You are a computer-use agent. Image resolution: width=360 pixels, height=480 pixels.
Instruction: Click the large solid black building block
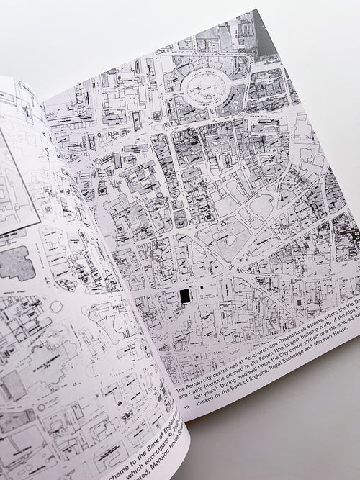click(x=185, y=295)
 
